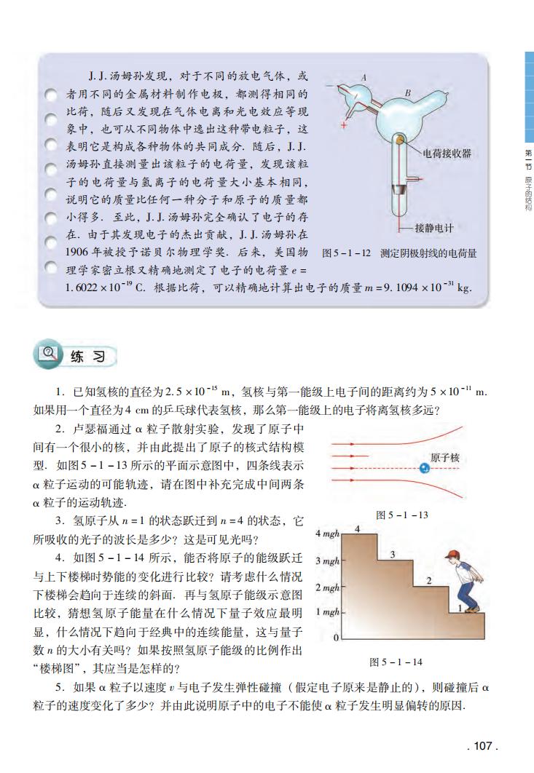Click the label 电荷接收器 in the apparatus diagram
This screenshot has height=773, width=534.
pos(447,154)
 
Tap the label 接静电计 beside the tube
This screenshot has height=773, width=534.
pos(434,228)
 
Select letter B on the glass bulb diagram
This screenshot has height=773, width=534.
pos(407,92)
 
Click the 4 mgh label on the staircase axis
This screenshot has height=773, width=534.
pos(329,535)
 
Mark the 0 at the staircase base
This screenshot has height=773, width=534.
pos(336,638)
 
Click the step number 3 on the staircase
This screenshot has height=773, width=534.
pos(393,555)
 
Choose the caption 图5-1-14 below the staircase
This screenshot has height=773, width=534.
pos(396,662)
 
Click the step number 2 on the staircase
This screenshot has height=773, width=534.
pos(429,580)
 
